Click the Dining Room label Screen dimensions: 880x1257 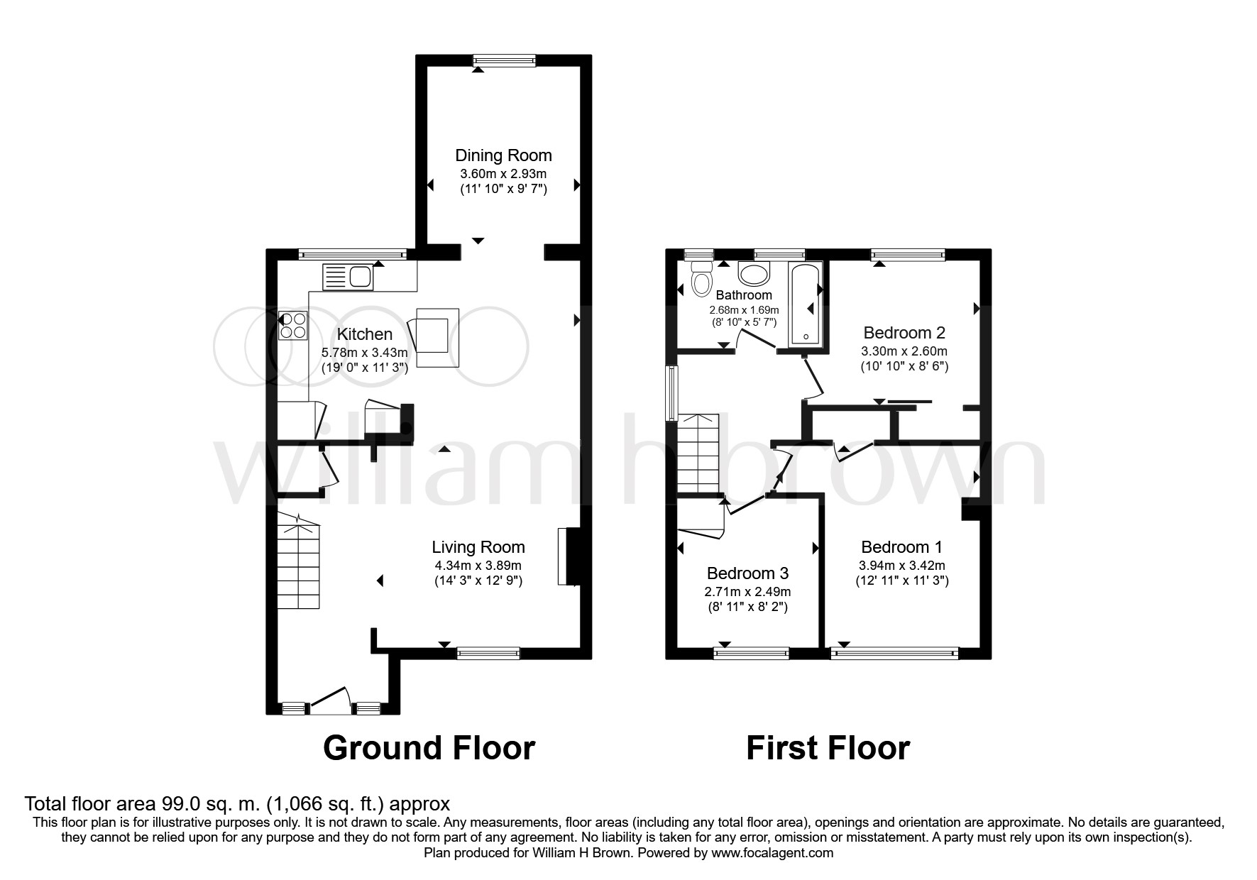pyautogui.click(x=503, y=155)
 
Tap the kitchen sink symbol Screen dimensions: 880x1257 pyautogui.click(x=348, y=277)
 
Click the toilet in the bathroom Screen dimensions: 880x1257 pyautogui.click(x=702, y=278)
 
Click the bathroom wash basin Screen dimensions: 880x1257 pyautogui.click(x=754, y=273)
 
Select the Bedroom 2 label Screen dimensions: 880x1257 pyautogui.click(x=904, y=332)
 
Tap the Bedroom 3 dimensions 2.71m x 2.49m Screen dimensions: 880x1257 pyautogui.click(x=747, y=591)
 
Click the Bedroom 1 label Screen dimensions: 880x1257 pyautogui.click(x=901, y=547)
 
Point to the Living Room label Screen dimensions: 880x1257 pyautogui.click(x=478, y=547)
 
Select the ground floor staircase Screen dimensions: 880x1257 pyautogui.click(x=298, y=564)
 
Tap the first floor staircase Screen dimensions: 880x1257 pyautogui.click(x=698, y=454)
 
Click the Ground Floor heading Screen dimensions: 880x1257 pyautogui.click(x=429, y=748)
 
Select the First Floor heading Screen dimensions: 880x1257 pyautogui.click(x=828, y=748)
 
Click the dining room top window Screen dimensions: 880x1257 pyautogui.click(x=505, y=61)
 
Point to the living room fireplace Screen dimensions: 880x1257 pyautogui.click(x=570, y=556)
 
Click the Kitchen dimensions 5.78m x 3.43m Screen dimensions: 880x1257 pyautogui.click(x=365, y=352)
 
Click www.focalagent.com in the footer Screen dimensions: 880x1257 pyautogui.click(x=772, y=853)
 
